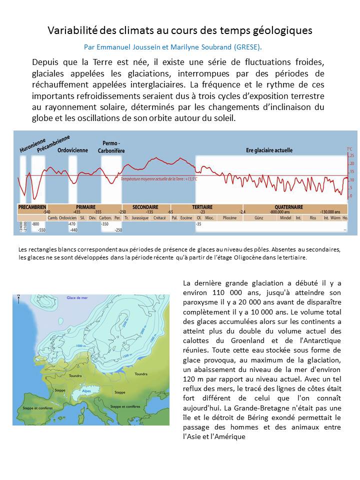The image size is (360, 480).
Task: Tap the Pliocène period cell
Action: (x=229, y=217)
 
